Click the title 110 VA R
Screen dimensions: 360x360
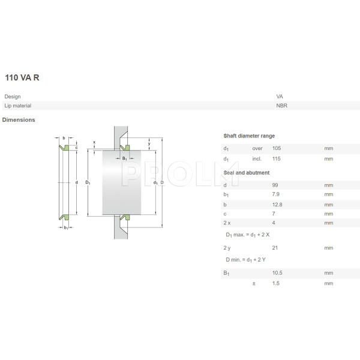pos(22,78)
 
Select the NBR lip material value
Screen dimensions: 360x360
pos(281,106)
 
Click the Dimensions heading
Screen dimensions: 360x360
pos(19,120)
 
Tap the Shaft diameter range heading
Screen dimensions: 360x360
pos(249,136)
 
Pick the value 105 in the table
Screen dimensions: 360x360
pos(277,148)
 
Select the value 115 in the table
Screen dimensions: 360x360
pos(277,159)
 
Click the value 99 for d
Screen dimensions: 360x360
pos(275,185)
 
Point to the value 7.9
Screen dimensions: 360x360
pos(277,194)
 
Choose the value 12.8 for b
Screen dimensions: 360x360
pos(277,204)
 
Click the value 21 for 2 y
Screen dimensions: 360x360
pos(275,248)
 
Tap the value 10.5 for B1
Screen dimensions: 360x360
pos(278,273)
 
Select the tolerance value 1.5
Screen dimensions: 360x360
pos(277,283)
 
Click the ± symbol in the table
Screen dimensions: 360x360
pos(254,283)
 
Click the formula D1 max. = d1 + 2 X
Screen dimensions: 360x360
pos(247,234)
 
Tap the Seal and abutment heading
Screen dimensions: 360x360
pos(247,173)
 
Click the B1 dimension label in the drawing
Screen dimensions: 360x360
pos(124,158)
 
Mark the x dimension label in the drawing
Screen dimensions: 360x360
pos(94,142)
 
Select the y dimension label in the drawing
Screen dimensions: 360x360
pos(149,143)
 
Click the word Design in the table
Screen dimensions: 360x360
pos(13,97)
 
